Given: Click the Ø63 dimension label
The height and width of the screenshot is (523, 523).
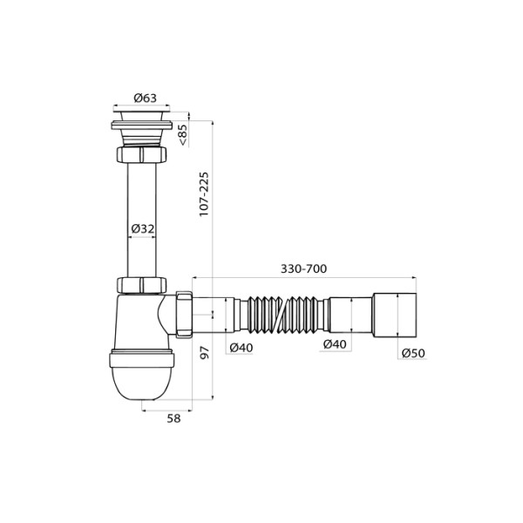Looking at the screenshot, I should tap(145, 98).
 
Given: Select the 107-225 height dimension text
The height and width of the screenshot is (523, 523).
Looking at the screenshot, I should tap(205, 194).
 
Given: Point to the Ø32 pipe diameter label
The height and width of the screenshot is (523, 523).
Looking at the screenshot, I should tap(143, 228).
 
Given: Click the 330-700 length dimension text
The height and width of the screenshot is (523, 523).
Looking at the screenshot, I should tap(303, 268).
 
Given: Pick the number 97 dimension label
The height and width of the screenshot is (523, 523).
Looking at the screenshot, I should tap(206, 354).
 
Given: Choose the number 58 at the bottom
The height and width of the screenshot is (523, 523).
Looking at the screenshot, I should tap(173, 418).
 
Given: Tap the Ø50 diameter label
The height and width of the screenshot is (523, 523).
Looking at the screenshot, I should tap(413, 353).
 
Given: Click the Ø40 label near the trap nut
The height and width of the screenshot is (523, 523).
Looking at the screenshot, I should tap(241, 347).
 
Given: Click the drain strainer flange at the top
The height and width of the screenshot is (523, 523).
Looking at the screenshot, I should tap(144, 111).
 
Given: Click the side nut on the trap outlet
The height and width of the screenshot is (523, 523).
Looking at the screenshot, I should tap(183, 313).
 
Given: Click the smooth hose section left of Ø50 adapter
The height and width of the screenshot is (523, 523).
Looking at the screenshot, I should tap(351, 314).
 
